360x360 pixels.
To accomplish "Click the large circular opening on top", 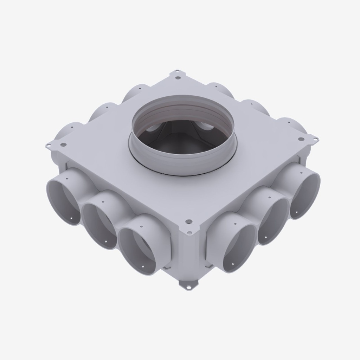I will point(182,130).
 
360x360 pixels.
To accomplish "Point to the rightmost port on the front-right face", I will point(304,195).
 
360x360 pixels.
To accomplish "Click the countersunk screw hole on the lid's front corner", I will point(189,222).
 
